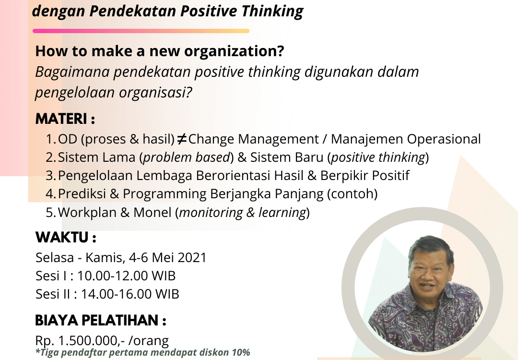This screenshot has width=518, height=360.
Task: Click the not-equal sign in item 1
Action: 181,139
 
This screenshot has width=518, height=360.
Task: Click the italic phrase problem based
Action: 186,157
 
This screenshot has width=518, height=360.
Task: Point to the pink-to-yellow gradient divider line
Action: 141,31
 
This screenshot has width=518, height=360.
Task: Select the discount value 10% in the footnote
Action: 241,352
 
